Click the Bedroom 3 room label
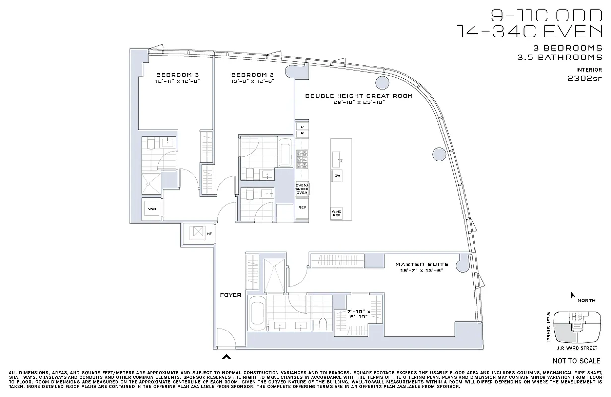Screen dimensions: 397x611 point(177,75)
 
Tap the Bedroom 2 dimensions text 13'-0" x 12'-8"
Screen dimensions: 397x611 point(253,81)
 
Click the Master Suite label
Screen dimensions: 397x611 point(421,265)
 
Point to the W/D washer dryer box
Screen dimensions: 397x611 point(151,209)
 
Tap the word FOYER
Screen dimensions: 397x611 point(231,295)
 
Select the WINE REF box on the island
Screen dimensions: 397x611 point(337,213)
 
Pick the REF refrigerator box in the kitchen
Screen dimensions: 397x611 point(301,208)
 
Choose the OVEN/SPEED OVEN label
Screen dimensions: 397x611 point(302,189)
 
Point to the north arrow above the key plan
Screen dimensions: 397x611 point(573,295)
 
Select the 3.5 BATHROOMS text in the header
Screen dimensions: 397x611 point(559,57)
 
